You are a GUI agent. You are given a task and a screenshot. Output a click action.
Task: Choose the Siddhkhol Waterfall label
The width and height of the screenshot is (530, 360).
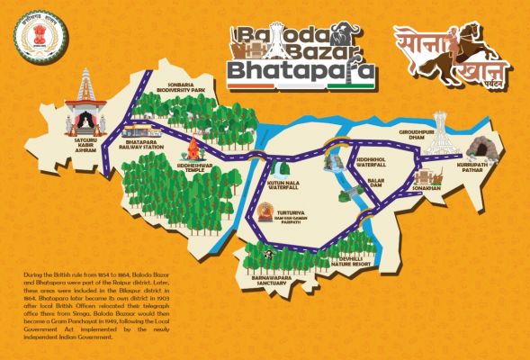tap(371, 162)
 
